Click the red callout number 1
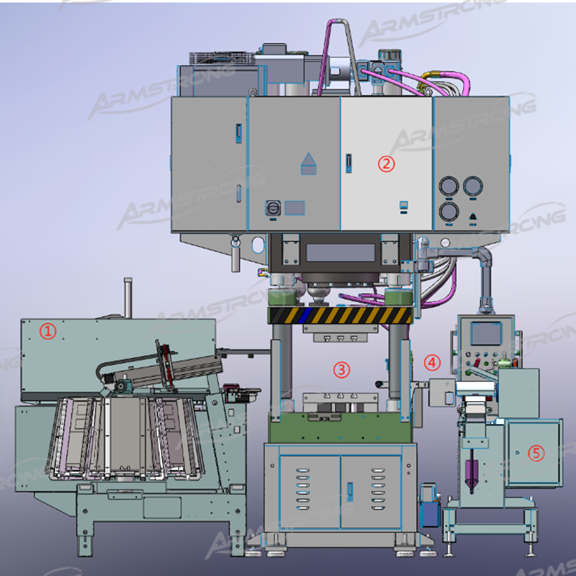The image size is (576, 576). (48, 331)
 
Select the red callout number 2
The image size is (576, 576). (387, 164)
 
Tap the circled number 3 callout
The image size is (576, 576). (341, 369)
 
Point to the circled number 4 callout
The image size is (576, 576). (433, 362)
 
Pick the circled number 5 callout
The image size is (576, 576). (536, 453)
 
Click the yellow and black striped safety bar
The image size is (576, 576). (340, 315)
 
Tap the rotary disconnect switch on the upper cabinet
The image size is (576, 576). (273, 208)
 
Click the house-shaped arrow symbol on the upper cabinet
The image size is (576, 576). (309, 164)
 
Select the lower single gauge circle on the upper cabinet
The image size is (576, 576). (449, 212)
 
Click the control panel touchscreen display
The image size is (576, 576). (486, 333)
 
